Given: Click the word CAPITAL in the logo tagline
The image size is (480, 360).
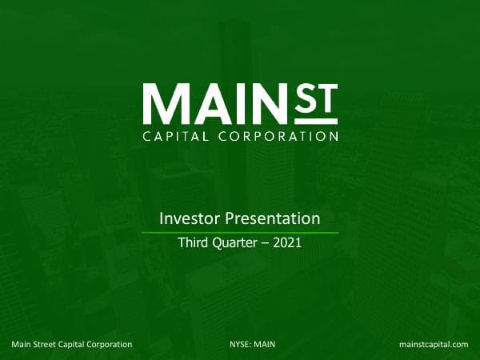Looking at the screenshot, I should coord(175,136).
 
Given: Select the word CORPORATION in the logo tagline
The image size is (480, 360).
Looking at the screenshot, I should coord(276,136).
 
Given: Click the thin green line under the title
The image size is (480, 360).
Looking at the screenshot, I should coord(240,232).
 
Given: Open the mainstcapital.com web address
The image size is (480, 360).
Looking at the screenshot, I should coord(433,344).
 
